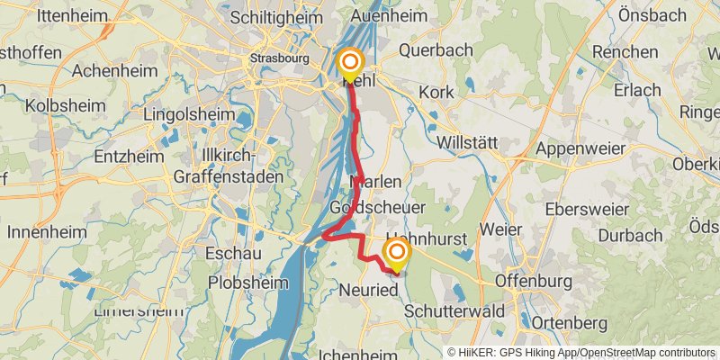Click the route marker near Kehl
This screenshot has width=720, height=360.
coord(349,63)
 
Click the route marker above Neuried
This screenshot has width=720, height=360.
coord(395,252)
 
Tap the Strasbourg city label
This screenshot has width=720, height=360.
coord(279,58)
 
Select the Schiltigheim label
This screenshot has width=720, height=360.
coord(271,17)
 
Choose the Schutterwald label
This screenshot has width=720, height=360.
coord(448,309)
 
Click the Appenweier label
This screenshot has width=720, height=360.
coord(580,148)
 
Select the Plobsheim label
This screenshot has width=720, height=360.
coord(247,282)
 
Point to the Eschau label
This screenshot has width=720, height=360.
coord(234,254)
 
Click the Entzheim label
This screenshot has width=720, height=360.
coord(129,157)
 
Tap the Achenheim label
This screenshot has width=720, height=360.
coord(103,70)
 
